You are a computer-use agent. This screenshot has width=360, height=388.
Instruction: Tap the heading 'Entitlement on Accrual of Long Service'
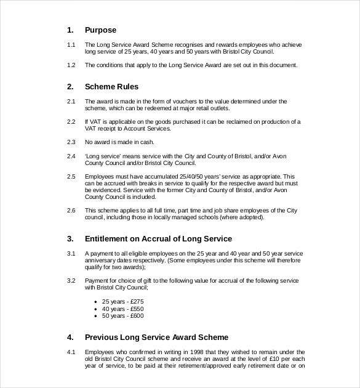tap(158, 238)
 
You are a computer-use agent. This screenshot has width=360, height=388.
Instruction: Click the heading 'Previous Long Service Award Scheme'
tap(156, 337)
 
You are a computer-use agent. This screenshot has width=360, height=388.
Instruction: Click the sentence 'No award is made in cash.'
tap(119, 142)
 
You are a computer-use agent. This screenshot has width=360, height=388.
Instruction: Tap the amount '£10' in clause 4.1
tap(265, 360)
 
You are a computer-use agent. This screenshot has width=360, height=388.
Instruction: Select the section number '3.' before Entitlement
tap(70, 238)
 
